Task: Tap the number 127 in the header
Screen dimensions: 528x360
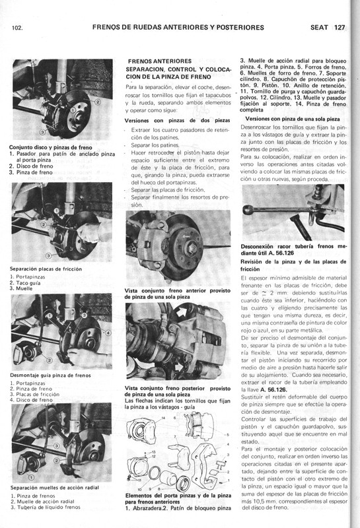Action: coord(340,27)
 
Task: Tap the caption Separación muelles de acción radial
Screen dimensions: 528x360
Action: coord(54,488)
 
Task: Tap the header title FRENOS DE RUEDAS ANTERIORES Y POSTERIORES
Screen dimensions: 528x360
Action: coord(174,27)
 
